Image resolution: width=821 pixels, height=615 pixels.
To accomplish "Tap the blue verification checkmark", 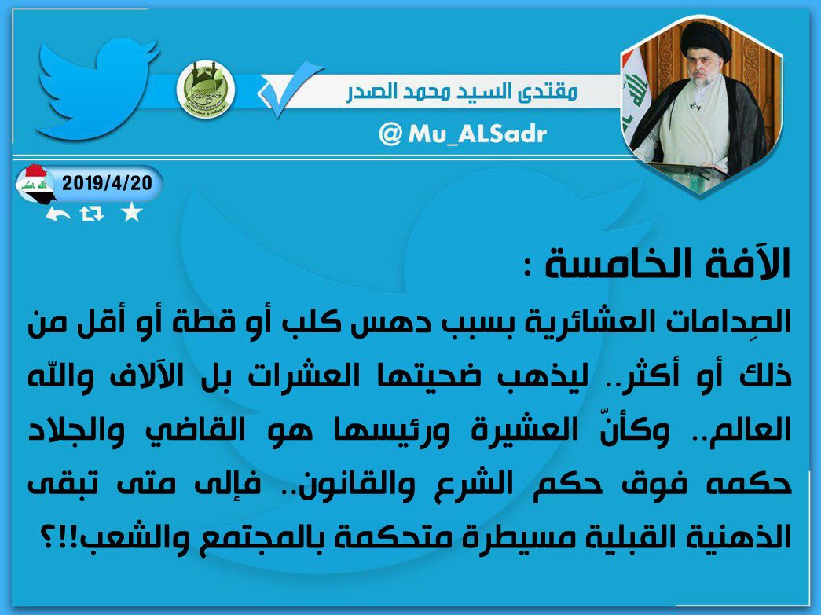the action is (x=291, y=89).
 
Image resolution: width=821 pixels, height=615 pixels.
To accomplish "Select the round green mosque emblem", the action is (x=205, y=90).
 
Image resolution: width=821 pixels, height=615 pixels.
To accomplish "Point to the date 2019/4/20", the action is (x=108, y=183).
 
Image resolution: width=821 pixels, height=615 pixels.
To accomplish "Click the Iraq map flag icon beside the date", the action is (x=35, y=185).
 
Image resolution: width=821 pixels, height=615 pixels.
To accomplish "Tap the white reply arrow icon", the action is (x=57, y=214).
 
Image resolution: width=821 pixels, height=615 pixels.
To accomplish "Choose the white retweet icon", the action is (x=92, y=214).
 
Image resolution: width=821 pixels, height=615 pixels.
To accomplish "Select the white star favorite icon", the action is (x=131, y=213).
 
